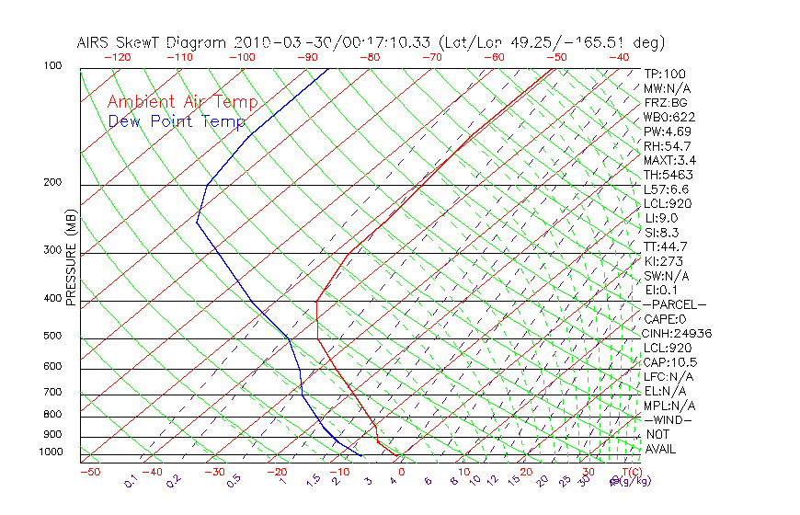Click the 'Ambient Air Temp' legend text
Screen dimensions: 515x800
click(182, 103)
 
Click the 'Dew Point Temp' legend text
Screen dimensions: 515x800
click(177, 121)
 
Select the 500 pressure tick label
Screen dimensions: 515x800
click(51, 337)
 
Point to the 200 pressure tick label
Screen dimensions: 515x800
click(51, 183)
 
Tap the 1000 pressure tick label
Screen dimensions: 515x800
click(50, 452)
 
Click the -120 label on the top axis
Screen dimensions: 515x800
click(118, 57)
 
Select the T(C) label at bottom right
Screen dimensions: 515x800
click(630, 472)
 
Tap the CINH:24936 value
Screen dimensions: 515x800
click(678, 334)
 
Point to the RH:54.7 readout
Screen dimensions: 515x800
click(667, 146)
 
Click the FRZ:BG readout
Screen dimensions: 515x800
click(665, 103)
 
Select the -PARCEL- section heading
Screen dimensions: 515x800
click(674, 304)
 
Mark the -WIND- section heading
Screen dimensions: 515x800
click(669, 419)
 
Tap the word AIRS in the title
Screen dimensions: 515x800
click(95, 42)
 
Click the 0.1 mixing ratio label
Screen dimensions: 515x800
click(131, 481)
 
